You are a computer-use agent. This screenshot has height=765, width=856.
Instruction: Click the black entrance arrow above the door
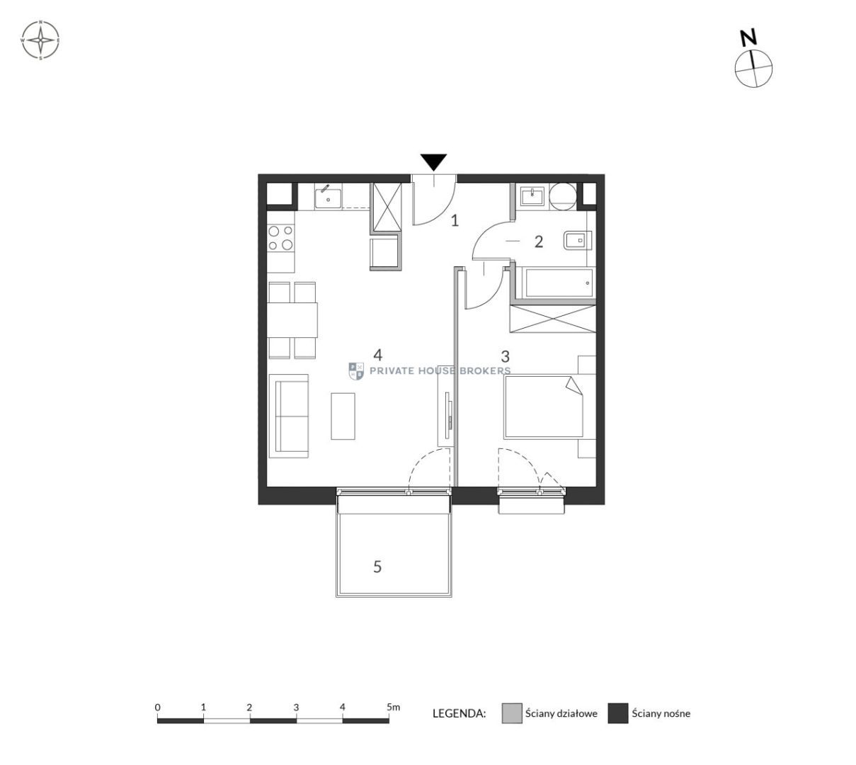433,161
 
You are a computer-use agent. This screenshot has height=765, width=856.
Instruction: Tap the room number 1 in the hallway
455,220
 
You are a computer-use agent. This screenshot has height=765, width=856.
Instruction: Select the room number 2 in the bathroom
538,242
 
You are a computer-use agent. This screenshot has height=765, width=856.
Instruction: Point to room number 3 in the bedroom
505,356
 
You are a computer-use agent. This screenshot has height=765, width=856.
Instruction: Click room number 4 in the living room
377,355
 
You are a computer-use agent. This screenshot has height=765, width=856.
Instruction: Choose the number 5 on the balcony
377,567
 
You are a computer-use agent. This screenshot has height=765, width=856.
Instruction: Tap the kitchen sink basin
328,198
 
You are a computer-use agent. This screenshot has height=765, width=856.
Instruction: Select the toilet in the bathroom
577,241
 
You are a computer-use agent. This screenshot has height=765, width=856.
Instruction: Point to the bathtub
557,283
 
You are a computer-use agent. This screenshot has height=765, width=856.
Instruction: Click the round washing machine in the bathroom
563,195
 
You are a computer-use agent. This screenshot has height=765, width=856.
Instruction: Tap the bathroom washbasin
532,196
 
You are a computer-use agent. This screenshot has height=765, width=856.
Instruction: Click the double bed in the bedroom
543,407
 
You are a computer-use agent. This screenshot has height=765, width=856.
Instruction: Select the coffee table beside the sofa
343,416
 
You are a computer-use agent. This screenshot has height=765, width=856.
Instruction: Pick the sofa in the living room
289,416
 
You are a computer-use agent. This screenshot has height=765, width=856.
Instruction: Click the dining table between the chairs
292,319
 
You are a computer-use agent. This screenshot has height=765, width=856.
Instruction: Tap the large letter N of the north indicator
748,38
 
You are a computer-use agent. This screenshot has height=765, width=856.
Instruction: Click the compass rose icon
40,40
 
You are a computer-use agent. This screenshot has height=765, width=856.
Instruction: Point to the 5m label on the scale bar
393,707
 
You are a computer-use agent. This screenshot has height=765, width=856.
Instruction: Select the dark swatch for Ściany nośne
617,713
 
